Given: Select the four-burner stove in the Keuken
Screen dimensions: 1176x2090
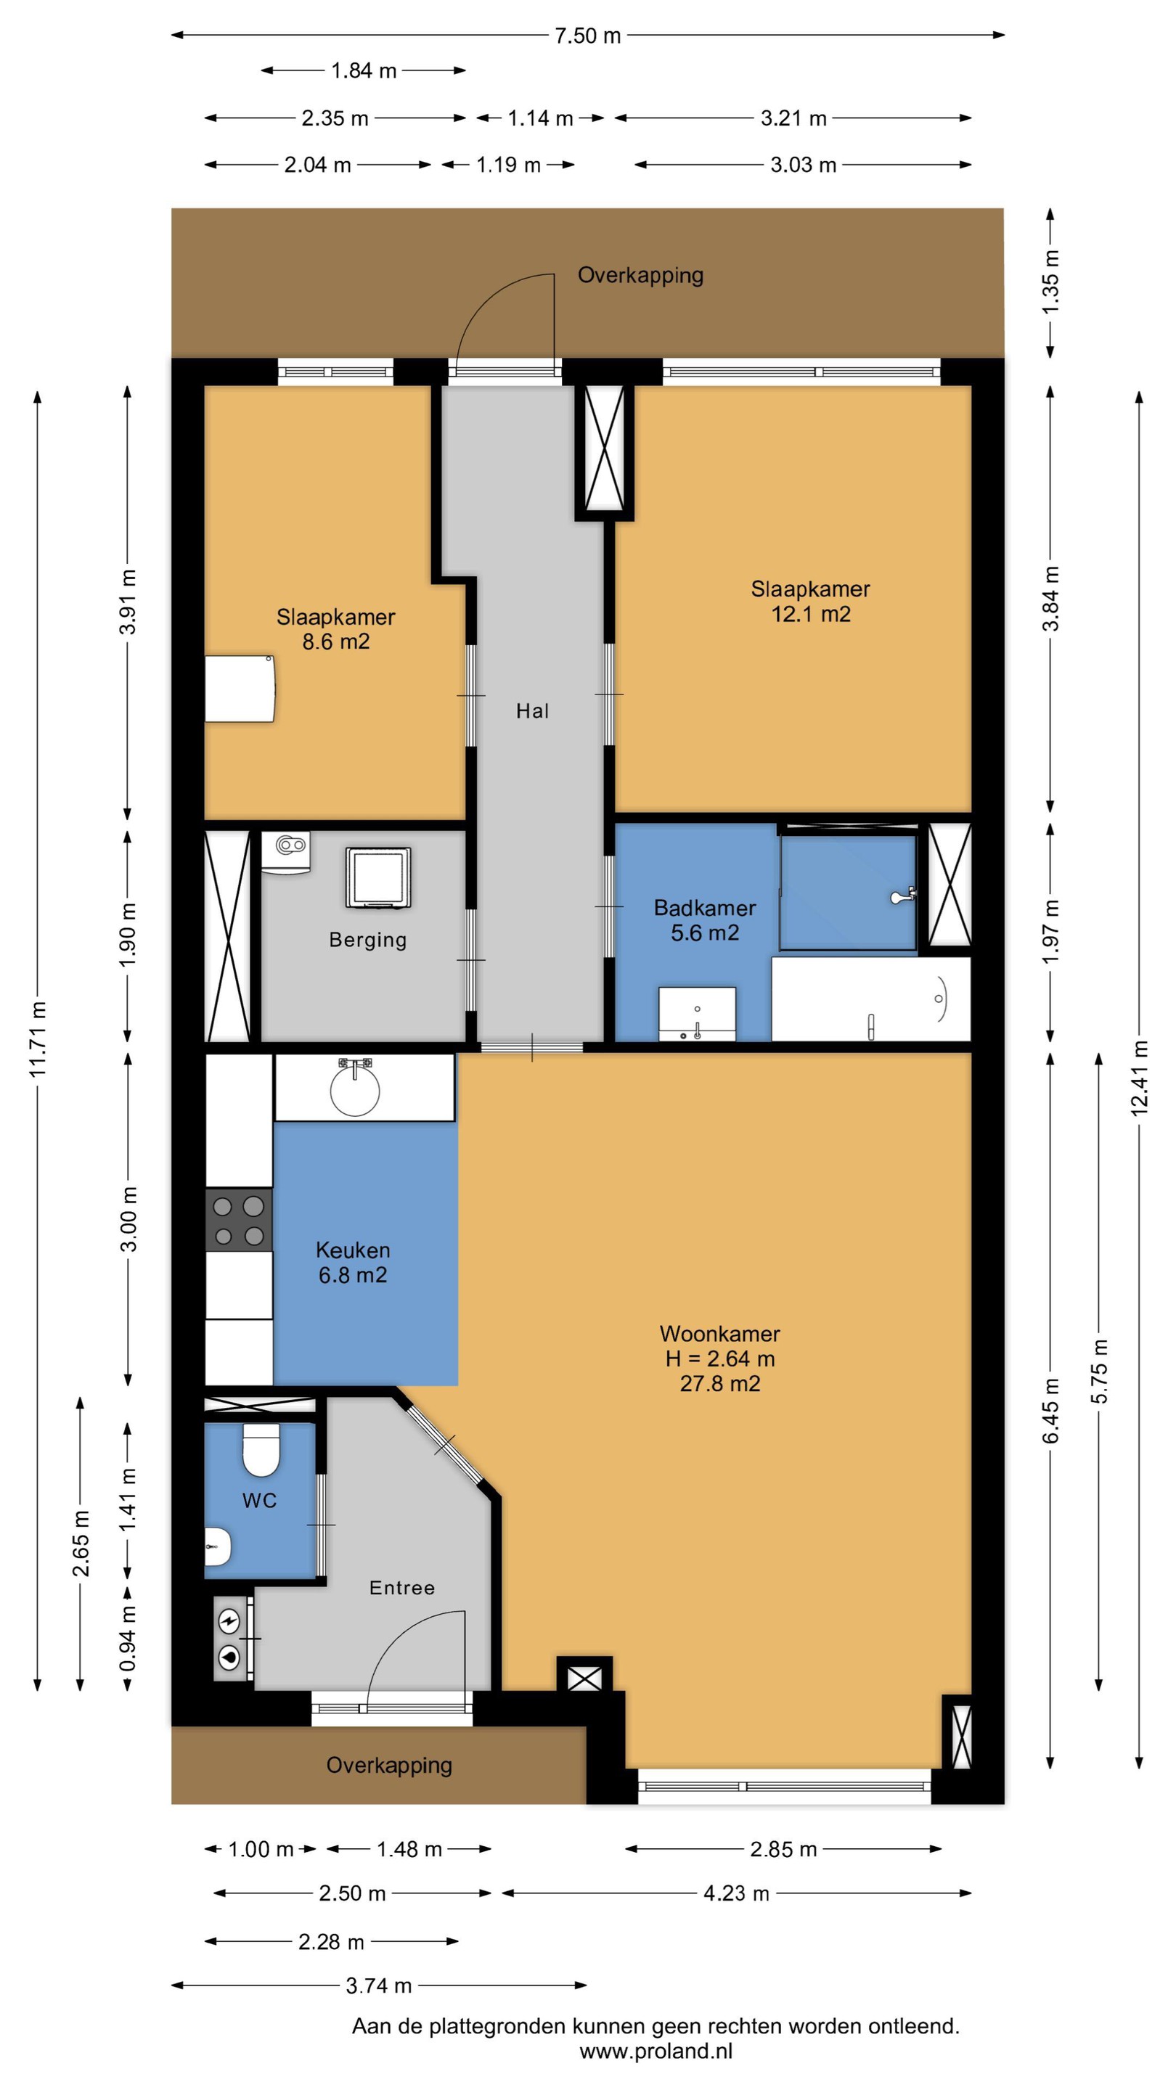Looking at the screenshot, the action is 238,1220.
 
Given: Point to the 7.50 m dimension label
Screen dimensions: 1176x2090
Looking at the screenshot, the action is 587,36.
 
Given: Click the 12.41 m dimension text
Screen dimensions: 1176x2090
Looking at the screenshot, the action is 1140,1078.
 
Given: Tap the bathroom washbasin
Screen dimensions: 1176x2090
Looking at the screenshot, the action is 697,1013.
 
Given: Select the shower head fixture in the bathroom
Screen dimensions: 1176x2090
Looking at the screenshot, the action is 902,896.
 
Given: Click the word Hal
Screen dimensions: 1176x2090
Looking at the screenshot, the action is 532,710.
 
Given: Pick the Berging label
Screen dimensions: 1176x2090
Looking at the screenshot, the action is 367,940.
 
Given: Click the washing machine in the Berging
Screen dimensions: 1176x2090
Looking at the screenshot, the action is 378,877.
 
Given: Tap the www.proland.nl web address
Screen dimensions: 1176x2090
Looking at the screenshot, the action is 656,2052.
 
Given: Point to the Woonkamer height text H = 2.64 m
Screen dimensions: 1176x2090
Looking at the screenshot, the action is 720,1358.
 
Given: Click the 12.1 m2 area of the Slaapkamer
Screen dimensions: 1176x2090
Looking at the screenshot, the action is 811,613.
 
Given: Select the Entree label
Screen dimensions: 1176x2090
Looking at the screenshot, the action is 401,1588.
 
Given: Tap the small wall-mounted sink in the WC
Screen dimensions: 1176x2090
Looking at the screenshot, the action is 218,1546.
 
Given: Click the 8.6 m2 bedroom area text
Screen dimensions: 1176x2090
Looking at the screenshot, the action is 336,641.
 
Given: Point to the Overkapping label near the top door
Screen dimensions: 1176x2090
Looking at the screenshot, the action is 640,275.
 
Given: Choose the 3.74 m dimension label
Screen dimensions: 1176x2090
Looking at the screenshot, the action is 379,1985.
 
